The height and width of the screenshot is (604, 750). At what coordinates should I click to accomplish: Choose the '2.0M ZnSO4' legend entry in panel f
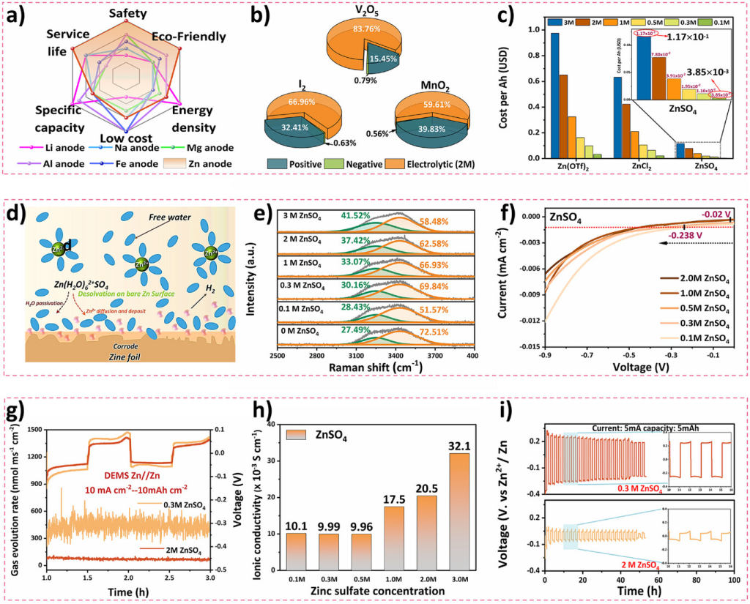(x=691, y=278)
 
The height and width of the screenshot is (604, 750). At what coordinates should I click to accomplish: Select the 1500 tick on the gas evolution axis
(x=31, y=429)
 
